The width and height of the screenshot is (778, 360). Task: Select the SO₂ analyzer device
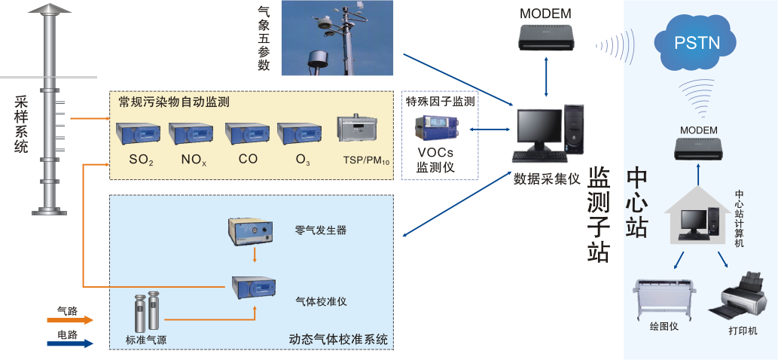click(139, 133)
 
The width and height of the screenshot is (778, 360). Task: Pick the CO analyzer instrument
click(248, 133)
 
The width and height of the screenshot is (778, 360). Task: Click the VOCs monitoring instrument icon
click(441, 130)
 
